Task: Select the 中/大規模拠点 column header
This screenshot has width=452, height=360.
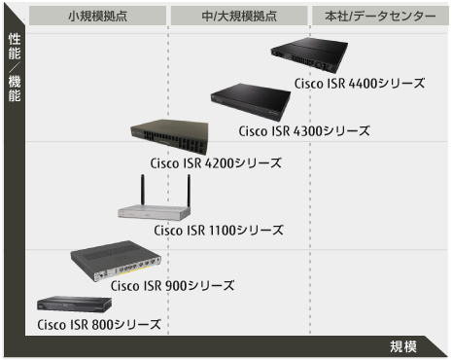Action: point(238,16)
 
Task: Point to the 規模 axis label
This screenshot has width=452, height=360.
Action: point(403,346)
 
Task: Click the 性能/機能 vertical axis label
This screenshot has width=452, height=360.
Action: point(14,68)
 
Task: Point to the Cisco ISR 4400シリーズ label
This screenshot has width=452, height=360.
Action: point(359,84)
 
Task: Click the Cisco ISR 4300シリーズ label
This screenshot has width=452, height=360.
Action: point(303,130)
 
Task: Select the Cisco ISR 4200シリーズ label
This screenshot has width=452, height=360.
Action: point(215,162)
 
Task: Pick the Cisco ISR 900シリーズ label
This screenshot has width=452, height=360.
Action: point(172,285)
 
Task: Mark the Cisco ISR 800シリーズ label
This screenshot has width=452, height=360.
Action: point(99,324)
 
